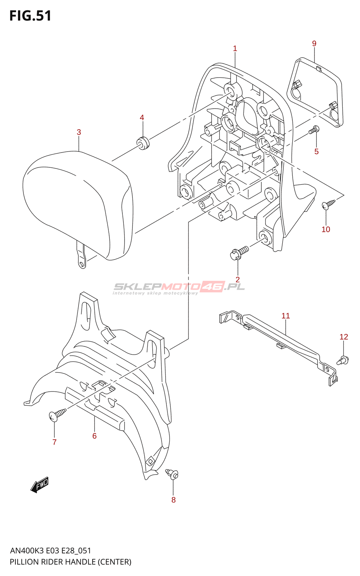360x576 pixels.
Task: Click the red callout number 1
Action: (235, 48)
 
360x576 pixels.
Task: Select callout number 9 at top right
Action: (314, 44)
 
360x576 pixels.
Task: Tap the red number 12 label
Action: (344, 337)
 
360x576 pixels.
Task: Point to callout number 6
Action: (94, 436)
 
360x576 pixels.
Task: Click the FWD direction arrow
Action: (39, 485)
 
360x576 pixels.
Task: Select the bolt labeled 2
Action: (239, 253)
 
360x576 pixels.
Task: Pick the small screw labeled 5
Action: (314, 130)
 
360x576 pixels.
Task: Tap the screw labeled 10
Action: (329, 204)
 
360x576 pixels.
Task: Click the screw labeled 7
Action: (58, 414)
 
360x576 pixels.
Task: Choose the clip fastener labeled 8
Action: (172, 474)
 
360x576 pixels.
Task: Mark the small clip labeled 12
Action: (343, 360)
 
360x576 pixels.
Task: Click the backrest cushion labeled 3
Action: (78, 205)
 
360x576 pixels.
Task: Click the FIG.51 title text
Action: (30, 16)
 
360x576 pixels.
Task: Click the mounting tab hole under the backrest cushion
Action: (82, 264)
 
